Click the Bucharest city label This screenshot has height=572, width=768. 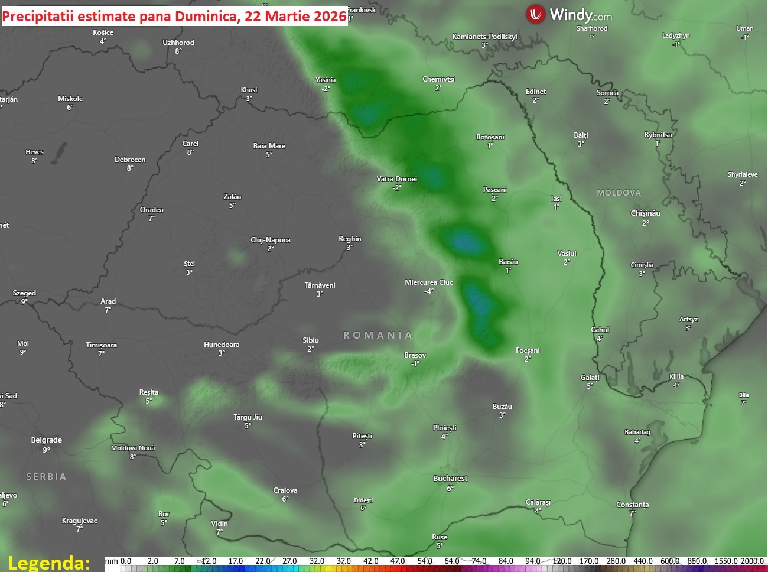tap(450, 479)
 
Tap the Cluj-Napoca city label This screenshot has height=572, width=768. tap(271, 240)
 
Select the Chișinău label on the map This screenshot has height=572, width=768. tap(646, 213)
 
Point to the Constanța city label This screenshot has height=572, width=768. tap(633, 505)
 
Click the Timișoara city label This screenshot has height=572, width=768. tap(102, 345)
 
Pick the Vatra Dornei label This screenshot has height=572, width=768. tap(397, 179)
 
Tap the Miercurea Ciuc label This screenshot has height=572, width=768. tap(429, 282)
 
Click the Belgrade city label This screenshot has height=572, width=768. tap(47, 440)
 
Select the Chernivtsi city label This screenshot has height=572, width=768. tap(438, 79)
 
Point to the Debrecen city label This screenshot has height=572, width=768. tap(130, 160)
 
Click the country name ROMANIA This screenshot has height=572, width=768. tap(378, 335)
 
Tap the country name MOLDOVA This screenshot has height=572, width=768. tap(619, 193)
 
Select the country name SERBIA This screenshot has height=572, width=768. tap(46, 477)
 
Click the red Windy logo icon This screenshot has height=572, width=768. tap(536, 14)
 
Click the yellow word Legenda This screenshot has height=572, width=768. tap(49, 562)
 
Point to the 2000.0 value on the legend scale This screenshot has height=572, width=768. tap(752, 561)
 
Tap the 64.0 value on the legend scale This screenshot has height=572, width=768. tap(452, 561)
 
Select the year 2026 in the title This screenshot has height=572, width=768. tap(330, 16)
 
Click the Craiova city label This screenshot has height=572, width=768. tap(285, 490)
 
